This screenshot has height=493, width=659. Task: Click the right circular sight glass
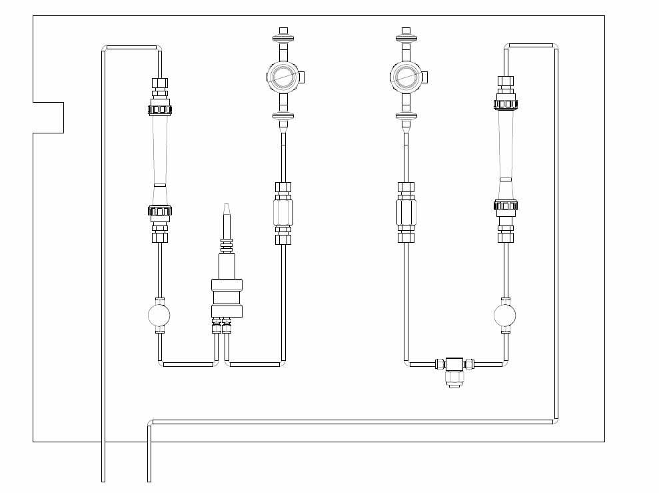point(404,77)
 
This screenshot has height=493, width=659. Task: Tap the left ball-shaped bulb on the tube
point(159,315)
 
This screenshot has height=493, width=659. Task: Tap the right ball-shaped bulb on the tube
point(505,315)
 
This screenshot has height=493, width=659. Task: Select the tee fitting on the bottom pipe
point(455,364)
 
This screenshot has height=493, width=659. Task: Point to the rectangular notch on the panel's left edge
point(48,117)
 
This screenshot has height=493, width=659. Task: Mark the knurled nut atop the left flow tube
point(159,109)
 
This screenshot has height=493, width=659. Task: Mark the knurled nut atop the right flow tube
point(506,103)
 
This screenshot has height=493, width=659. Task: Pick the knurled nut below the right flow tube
point(506,205)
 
